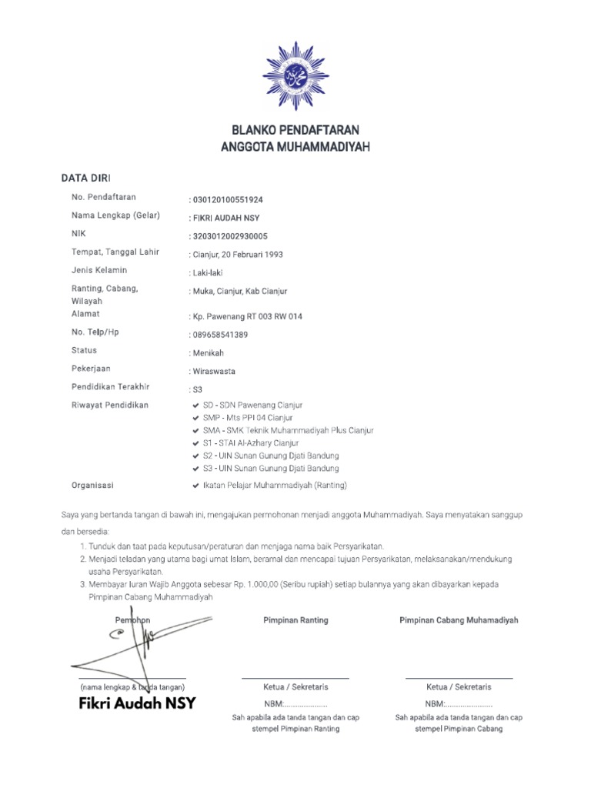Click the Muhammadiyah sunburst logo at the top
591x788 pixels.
295,75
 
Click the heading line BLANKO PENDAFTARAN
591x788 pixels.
295,129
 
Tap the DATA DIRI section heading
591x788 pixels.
86,179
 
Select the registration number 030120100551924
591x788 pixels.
228,199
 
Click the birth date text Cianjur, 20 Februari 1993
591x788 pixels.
240,255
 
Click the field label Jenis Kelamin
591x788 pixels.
99,270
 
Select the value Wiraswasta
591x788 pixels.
214,372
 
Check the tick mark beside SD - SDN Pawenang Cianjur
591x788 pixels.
196,406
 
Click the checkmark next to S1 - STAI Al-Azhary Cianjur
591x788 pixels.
196,444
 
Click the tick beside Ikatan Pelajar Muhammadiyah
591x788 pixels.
196,486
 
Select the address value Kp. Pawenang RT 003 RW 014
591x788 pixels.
246,316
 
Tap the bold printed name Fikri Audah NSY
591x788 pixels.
137,703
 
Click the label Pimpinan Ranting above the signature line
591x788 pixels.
295,620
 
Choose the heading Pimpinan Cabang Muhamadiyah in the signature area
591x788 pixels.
459,620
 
